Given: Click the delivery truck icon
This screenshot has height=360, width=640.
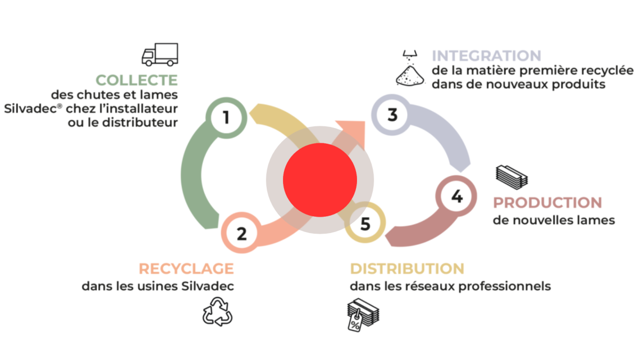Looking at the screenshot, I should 159,54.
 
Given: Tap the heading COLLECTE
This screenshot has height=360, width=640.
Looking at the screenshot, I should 136,80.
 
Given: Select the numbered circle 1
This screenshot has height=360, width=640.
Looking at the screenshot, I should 226,117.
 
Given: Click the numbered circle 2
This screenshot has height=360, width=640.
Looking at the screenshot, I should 241,233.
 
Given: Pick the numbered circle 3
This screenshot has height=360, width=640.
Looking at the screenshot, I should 392,115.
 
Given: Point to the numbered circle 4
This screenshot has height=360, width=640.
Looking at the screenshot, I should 457,197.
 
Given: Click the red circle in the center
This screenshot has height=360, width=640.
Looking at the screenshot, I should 320,180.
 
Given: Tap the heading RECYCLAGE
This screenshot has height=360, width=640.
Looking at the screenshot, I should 186,268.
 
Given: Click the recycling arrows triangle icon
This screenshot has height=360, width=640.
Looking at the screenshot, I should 217,312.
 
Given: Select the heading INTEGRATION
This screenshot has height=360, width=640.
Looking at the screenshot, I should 486,56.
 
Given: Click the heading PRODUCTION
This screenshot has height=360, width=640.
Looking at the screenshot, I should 547,202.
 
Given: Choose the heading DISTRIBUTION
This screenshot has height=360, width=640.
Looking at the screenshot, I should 407,268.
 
